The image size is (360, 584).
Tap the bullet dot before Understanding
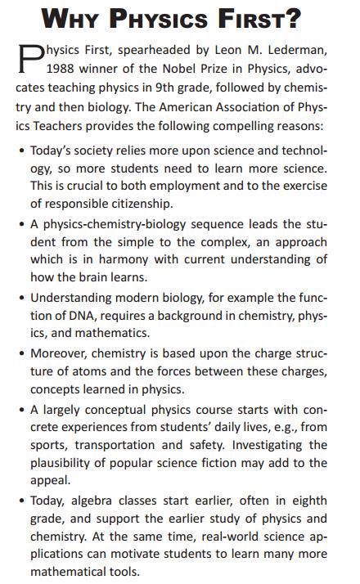(x=22, y=299)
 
